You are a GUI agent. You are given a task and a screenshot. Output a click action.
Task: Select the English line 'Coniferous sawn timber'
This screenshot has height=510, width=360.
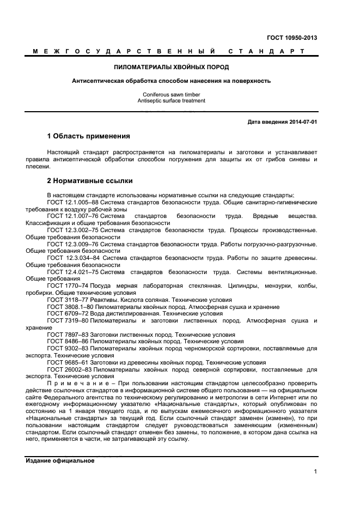172,94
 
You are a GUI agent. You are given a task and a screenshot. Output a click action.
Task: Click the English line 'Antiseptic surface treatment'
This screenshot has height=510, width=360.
172,101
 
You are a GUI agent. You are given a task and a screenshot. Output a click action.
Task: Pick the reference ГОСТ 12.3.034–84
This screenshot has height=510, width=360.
74,258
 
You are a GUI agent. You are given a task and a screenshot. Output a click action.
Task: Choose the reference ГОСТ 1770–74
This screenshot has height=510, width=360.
68,286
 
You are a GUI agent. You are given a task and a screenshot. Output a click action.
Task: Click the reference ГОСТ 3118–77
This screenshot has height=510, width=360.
68,300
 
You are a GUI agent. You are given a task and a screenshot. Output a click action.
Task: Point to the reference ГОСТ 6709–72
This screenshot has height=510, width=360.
68,313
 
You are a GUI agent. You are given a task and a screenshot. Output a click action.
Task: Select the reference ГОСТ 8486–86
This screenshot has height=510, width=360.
68,341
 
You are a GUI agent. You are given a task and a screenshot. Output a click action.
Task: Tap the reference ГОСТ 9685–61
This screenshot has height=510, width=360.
68,362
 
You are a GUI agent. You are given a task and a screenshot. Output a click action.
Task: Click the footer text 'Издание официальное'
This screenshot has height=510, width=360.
60,460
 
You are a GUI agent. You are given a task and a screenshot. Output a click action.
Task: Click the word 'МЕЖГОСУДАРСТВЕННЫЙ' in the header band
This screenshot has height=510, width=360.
123,52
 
